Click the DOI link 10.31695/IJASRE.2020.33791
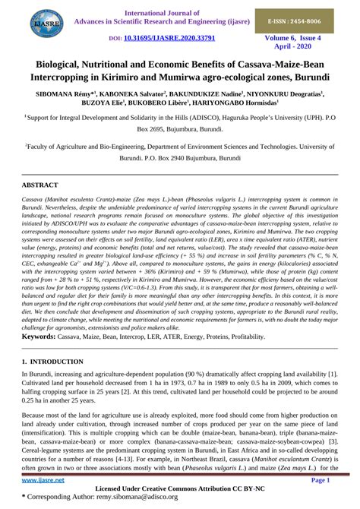pos(169,37)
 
